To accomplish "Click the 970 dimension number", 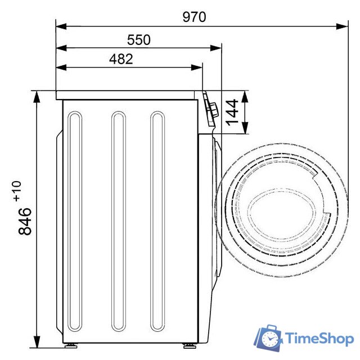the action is point(194,17).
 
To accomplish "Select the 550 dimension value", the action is point(139,39).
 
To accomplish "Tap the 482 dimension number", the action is point(121,59).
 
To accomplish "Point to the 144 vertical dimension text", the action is point(232,112).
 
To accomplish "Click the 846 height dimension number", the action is point(25,221).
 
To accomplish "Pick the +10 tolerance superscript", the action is point(17,191).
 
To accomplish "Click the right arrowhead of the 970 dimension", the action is point(342,26).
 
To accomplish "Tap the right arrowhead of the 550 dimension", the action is point(216,48).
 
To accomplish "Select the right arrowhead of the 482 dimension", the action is point(196,67).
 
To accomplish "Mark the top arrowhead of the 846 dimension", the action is point(37,96).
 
